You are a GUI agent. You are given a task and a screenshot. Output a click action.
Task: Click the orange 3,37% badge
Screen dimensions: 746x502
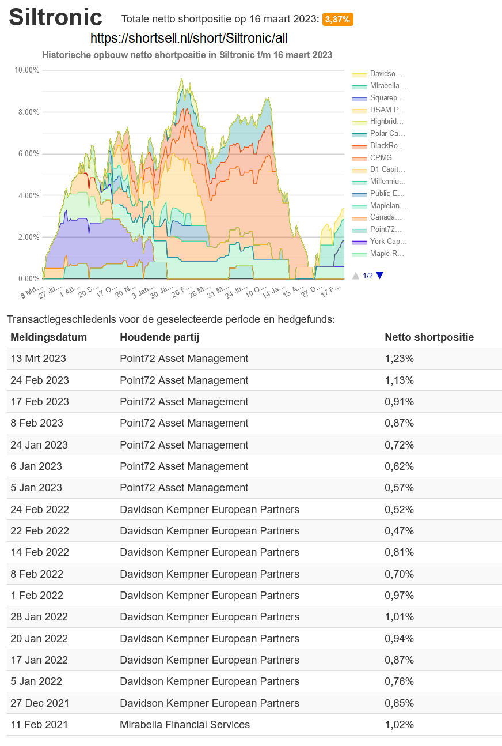(337, 20)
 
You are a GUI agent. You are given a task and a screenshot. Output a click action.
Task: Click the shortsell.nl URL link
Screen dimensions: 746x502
(189, 38)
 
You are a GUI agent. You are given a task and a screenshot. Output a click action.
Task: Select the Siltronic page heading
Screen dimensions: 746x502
(55, 18)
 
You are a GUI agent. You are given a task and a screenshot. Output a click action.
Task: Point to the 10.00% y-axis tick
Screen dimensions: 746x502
(27, 70)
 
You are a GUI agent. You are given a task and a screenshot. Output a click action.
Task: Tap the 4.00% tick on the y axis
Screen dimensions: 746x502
(29, 195)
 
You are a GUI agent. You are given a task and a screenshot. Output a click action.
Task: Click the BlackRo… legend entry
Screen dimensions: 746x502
(387, 146)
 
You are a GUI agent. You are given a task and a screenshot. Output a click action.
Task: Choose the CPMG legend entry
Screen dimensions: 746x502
(381, 158)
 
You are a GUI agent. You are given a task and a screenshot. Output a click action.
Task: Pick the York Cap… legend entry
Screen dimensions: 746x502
(388, 242)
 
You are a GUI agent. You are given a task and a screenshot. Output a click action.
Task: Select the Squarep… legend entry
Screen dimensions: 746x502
(387, 98)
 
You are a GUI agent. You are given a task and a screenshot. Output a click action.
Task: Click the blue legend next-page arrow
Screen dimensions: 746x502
(379, 276)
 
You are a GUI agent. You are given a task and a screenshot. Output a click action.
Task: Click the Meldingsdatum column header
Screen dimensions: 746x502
(48, 337)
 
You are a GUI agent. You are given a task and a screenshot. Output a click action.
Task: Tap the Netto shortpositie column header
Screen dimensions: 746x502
(429, 337)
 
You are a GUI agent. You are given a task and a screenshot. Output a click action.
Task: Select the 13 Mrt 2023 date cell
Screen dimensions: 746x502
(38, 359)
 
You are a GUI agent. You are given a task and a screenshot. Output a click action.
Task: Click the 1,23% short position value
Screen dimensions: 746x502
(399, 359)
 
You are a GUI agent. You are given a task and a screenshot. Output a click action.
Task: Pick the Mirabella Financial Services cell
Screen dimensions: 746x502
(184, 725)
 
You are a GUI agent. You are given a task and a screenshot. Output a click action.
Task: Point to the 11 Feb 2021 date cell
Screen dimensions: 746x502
(39, 725)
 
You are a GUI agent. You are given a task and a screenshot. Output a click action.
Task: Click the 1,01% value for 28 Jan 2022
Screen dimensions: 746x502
(399, 617)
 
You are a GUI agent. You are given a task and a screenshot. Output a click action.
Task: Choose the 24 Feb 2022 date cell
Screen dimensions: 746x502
(39, 510)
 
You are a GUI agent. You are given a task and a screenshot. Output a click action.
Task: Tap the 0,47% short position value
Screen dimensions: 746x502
(399, 531)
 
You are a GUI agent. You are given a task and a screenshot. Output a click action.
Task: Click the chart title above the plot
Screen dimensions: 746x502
(187, 55)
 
